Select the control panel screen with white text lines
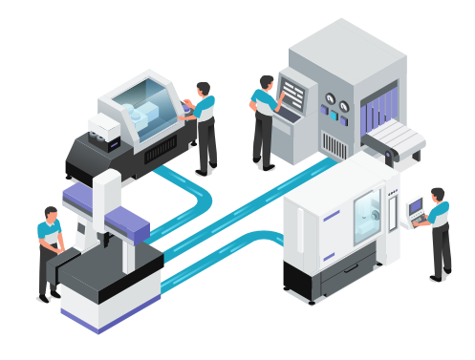pos(293,95)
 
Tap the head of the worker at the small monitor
pos(437,195)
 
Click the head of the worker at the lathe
pos(203,89)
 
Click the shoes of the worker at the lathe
pos(205,170)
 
